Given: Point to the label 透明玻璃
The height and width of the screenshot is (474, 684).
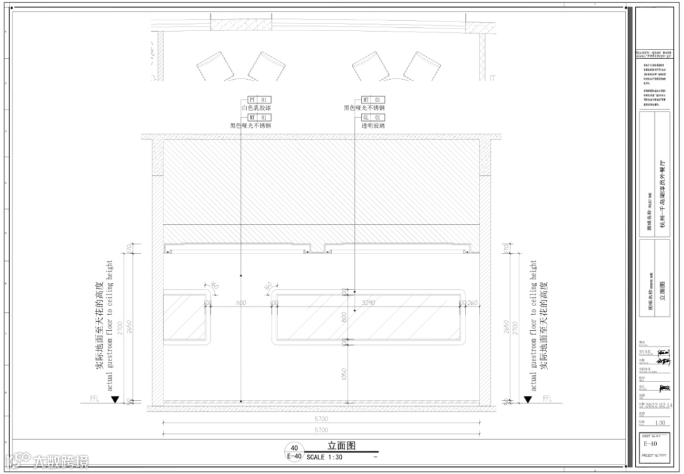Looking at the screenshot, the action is (373, 126).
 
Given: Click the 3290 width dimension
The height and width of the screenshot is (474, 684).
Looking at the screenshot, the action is (369, 304).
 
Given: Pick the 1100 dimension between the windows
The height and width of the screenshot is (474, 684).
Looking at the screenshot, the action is (240, 304).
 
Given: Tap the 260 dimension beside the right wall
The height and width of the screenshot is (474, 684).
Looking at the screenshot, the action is (472, 304).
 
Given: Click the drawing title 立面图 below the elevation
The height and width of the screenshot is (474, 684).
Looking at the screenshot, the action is (341, 446).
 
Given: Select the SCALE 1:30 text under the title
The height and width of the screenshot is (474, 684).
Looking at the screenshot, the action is (324, 457).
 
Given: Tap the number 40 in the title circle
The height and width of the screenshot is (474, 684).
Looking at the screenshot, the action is (294, 448).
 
